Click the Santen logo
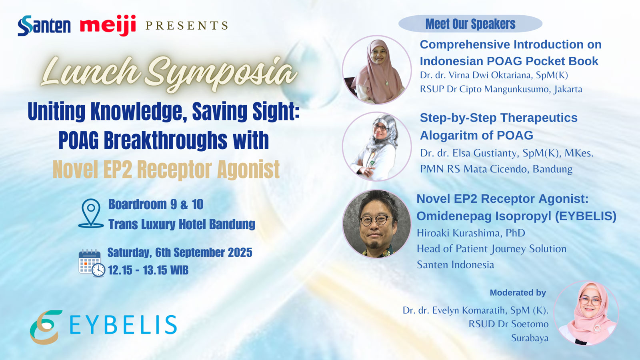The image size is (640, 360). coord(44,26)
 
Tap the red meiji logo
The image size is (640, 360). coord(108,26)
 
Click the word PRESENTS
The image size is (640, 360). coord(186,26)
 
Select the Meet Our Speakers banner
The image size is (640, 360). coord(470,24)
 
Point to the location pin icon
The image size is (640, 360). coord(91,213)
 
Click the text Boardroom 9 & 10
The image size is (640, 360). coord(156,204)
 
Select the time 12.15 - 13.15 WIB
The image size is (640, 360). coord(148,270)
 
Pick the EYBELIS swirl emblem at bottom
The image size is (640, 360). coord(46,327)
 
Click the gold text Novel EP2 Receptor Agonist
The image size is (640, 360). coord(166,170)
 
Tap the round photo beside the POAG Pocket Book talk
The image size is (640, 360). coord(377,70)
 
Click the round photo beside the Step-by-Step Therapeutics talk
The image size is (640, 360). coord(377,146)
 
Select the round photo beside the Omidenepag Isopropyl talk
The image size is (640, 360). coord(377,224)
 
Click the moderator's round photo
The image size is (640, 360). coord(586,313)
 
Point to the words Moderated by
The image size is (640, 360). coord(518,292)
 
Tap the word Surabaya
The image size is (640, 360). coord(530,338)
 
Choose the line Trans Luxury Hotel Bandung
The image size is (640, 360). coord(182,224)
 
